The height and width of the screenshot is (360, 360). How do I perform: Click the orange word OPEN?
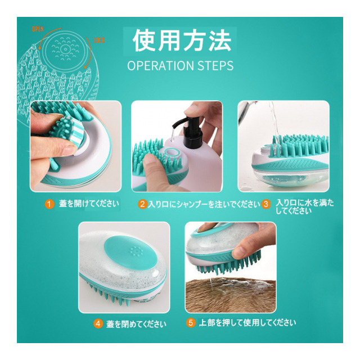pos(38,29)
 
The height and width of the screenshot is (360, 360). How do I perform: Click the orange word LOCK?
pos(99,40)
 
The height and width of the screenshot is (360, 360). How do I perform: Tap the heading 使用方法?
pos(182,40)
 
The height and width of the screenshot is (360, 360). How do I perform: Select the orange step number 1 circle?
pos(49,204)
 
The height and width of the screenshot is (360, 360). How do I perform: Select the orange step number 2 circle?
pos(142,204)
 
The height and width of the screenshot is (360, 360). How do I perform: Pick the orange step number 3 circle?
pos(266,204)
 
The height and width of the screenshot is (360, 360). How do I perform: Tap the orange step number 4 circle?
pos(98,324)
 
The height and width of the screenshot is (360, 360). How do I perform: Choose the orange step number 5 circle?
pos(191,323)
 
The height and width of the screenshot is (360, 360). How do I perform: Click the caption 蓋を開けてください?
pos(89,204)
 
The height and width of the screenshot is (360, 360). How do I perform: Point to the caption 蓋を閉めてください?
pos(136,324)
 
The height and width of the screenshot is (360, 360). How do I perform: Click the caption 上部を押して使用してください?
pos(247,323)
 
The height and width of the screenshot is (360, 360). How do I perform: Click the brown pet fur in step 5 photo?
pos(231,296)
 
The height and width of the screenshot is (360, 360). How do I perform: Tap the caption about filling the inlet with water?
pos(305,206)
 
